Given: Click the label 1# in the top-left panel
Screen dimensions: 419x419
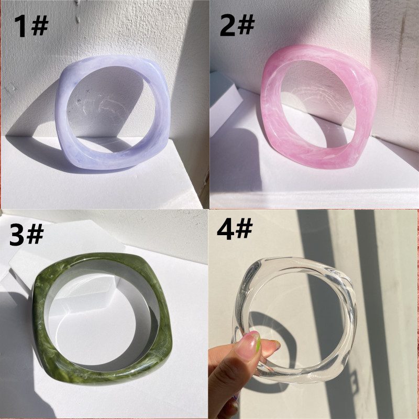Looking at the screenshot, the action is pyautogui.click(x=31, y=26).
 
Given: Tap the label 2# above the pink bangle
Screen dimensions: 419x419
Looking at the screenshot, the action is pyautogui.click(x=237, y=25).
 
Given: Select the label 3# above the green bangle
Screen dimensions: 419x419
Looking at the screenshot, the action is pyautogui.click(x=27, y=235).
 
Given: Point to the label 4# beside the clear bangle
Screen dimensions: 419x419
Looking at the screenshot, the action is pyautogui.click(x=235, y=228).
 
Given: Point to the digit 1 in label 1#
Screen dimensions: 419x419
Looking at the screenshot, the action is pyautogui.click(x=21, y=26).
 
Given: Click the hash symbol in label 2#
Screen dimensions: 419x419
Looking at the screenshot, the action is pyautogui.click(x=246, y=24).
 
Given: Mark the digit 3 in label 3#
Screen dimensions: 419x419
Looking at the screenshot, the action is pyautogui.click(x=17, y=235).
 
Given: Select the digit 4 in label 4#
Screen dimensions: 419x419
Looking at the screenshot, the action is pyautogui.click(x=226, y=229).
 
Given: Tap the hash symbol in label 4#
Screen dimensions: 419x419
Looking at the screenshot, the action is pyautogui.click(x=244, y=228).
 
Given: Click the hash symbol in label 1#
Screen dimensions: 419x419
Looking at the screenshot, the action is pyautogui.click(x=40, y=25).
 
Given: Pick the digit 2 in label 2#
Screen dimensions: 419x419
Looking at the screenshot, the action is pyautogui.click(x=228, y=25).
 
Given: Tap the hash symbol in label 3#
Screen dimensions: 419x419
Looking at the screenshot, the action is pyautogui.click(x=35, y=234).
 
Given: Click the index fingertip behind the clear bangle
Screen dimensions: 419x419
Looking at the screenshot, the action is pyautogui.click(x=272, y=346).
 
